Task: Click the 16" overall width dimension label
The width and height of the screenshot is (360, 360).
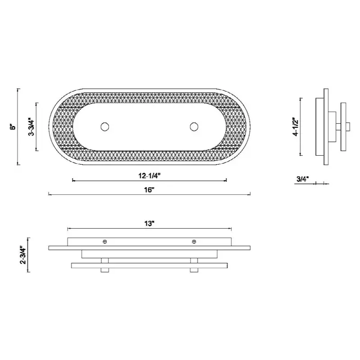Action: pyautogui.click(x=149, y=190)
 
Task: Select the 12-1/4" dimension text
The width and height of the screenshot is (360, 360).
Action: pyautogui.click(x=149, y=176)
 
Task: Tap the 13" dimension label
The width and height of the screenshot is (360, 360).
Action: pyautogui.click(x=149, y=223)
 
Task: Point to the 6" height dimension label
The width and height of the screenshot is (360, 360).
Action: pyautogui.click(x=14, y=127)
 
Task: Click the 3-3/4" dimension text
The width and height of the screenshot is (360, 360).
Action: pyautogui.click(x=32, y=127)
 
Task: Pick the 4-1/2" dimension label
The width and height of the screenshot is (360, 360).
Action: pyautogui.click(x=296, y=127)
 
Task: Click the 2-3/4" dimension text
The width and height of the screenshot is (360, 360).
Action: pyautogui.click(x=23, y=255)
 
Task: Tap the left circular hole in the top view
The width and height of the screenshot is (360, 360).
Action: pyautogui.click(x=105, y=127)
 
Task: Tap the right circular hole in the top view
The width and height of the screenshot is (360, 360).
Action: pyautogui.click(x=194, y=127)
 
